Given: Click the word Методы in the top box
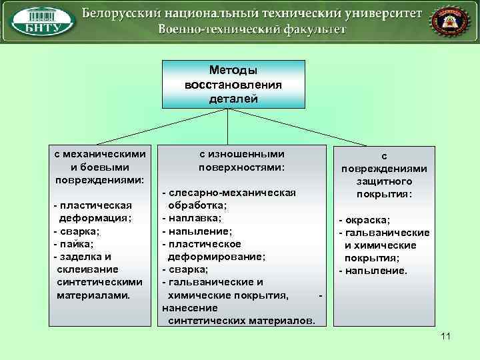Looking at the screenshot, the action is pos(233,70).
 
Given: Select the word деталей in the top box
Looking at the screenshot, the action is pos(233,99).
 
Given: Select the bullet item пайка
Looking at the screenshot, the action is pos(77,243).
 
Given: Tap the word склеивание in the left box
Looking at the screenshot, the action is pos(87,269).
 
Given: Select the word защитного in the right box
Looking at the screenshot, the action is pos(383,181).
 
